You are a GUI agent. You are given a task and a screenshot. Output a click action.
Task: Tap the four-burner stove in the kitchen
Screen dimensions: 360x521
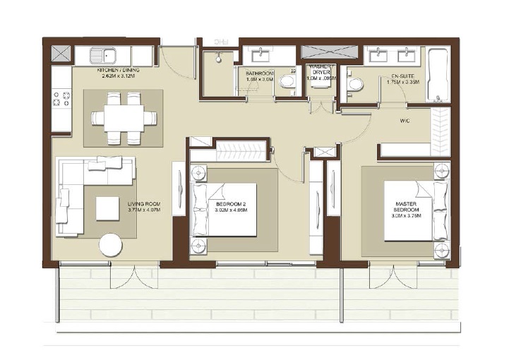(x=61, y=99)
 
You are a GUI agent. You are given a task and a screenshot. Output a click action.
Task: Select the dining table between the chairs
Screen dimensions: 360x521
(x=124, y=117)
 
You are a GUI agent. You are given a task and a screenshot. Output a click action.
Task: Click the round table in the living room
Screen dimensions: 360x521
(x=111, y=245)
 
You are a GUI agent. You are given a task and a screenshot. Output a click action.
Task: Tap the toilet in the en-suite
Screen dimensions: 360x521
(x=355, y=84)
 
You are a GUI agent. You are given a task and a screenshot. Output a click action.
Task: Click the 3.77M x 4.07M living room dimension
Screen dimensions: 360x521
(x=143, y=210)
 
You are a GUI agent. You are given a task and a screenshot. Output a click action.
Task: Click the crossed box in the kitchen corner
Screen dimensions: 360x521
(x=61, y=54)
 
